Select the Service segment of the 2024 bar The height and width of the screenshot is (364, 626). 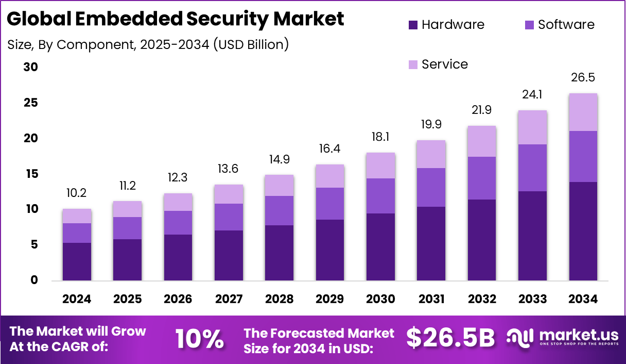click(x=77, y=216)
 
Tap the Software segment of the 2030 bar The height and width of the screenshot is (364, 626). click(x=380, y=196)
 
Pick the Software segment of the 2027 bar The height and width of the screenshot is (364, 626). click(x=229, y=217)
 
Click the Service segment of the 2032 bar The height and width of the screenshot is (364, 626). click(x=482, y=141)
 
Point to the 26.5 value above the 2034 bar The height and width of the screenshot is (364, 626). click(x=583, y=77)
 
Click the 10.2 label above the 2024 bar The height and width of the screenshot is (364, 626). click(x=77, y=193)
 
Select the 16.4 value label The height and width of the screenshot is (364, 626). click(x=330, y=148)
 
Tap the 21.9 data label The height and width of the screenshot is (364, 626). click(x=482, y=110)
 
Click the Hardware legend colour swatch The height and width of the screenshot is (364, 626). click(x=413, y=25)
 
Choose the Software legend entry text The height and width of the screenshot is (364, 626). click(x=566, y=25)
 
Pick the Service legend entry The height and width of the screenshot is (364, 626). click(x=444, y=64)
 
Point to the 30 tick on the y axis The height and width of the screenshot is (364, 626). click(x=31, y=68)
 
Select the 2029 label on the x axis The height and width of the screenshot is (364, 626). click(x=330, y=300)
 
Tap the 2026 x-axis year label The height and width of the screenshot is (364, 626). click(x=178, y=300)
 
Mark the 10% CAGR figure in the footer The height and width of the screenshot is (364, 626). click(x=199, y=339)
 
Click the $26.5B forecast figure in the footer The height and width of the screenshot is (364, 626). click(x=450, y=338)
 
